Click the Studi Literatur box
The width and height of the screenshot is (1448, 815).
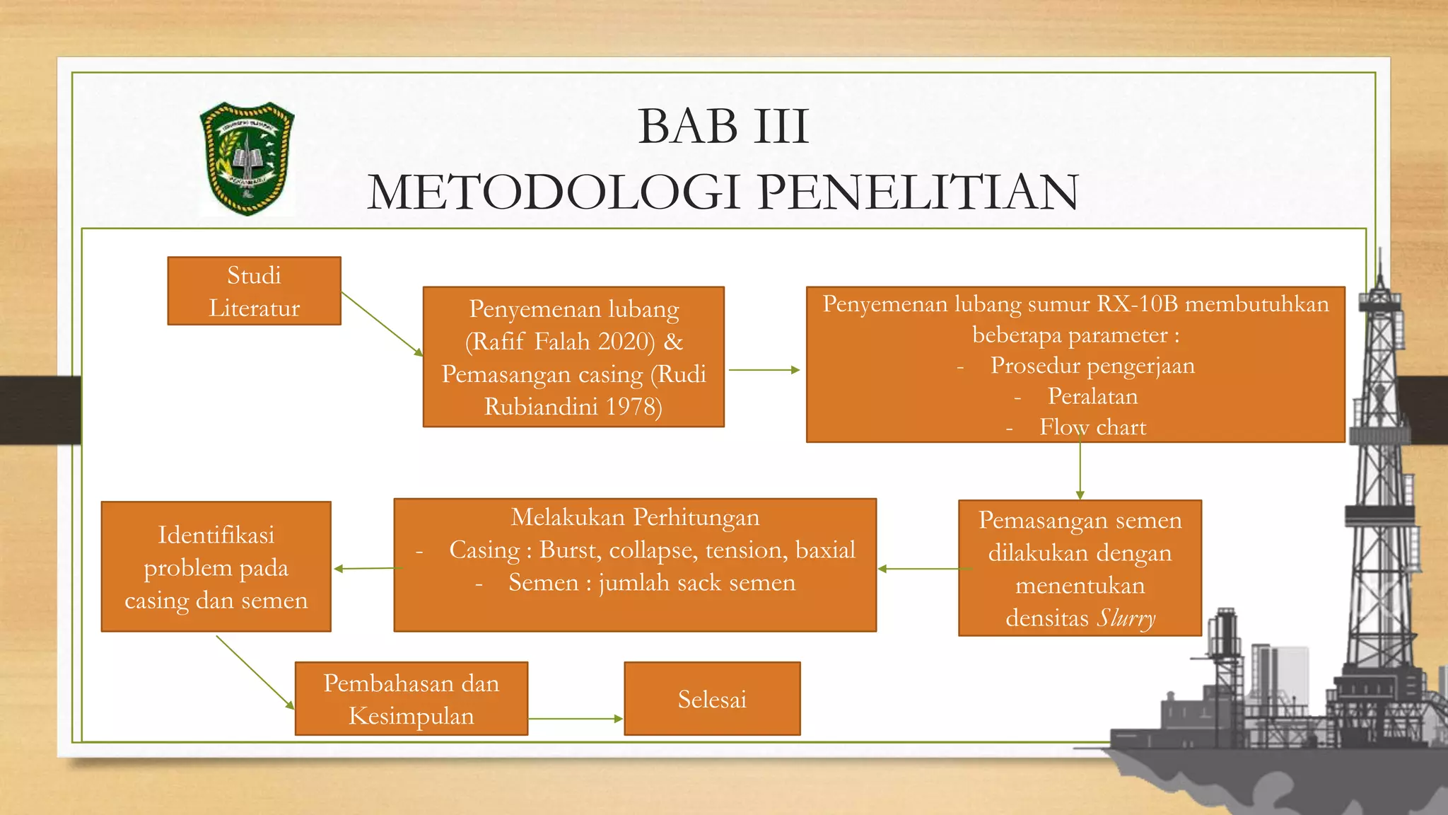coord(254,291)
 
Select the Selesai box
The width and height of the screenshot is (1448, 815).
coord(712,699)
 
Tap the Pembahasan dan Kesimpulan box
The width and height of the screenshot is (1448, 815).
coord(411,699)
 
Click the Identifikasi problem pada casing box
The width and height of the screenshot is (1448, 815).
coord(216,567)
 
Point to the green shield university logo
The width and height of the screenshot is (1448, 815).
coord(247,158)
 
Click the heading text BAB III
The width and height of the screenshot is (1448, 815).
coord(723,127)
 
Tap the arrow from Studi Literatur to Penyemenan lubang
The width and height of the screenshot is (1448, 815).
coord(382,323)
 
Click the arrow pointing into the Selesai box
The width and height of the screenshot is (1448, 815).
coord(576,719)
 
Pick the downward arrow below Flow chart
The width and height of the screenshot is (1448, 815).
coord(1080,470)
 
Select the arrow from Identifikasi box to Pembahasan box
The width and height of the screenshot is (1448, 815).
coord(255,671)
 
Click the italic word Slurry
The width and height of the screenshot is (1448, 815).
coord(1126,618)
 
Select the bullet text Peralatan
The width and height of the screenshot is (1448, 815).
coord(1092,396)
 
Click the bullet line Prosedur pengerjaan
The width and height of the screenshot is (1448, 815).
coord(1092,366)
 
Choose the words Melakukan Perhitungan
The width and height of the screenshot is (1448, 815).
coord(635,517)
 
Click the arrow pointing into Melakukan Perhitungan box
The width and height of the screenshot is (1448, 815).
coord(918,569)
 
